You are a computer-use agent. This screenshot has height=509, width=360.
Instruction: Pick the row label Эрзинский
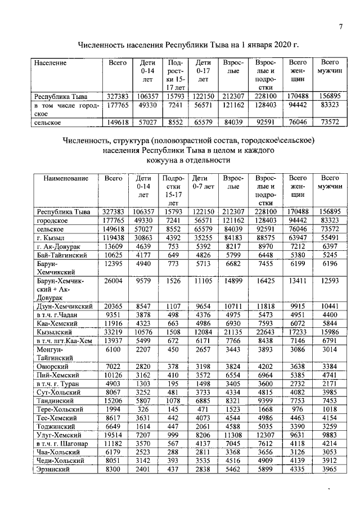point(53,469)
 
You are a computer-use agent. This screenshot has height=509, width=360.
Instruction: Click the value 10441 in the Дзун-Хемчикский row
point(331,305)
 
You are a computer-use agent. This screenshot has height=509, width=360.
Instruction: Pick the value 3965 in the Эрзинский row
point(331,469)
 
